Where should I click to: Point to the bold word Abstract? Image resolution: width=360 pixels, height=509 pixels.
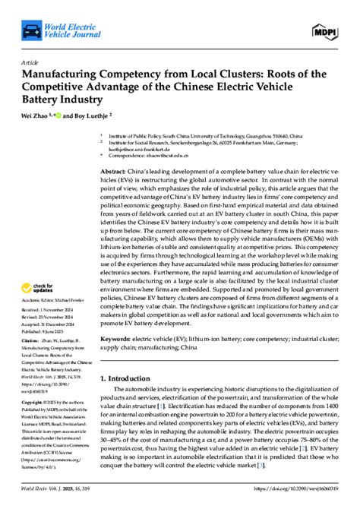114,173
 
